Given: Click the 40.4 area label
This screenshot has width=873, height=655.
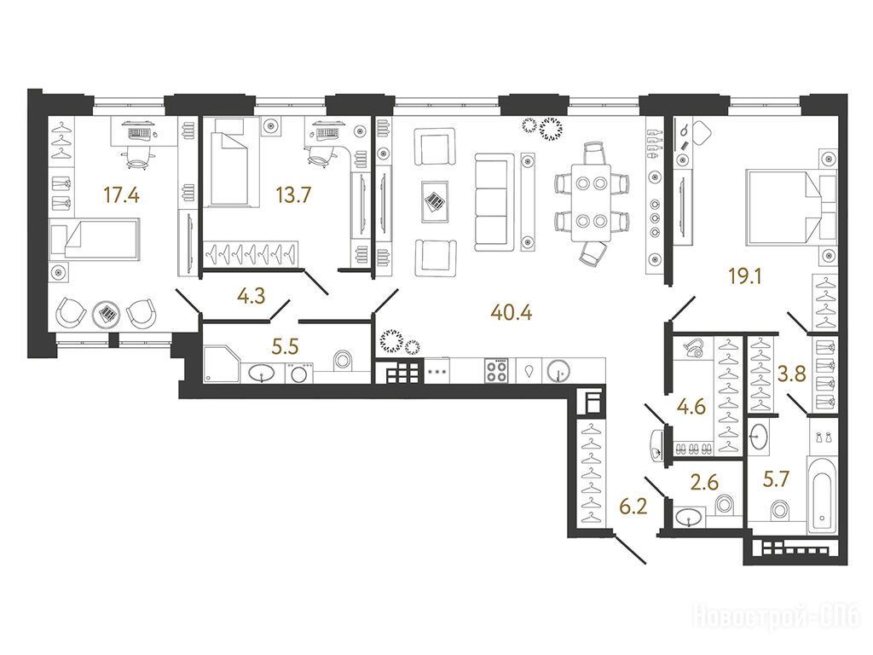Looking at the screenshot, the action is [512, 313].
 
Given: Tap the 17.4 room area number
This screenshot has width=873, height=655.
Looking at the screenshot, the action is [121, 195].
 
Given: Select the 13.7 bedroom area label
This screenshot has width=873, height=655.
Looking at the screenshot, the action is [293, 195].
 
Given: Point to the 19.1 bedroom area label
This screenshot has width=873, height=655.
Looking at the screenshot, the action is [745, 275].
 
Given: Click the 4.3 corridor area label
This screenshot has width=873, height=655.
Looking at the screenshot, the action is [251, 296].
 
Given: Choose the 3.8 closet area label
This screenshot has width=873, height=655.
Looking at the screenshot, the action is [792, 374].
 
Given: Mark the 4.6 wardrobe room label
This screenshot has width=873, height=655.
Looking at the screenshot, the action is [691, 407].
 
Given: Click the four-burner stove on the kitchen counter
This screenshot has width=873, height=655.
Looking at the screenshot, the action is [497, 370].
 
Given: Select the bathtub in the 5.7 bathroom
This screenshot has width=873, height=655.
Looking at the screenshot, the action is [822, 496].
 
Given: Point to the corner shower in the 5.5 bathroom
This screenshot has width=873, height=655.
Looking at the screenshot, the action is [222, 363].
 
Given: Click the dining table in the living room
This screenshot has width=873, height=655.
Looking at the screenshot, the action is [591, 202].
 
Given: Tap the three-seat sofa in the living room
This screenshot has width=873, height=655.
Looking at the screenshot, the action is [494, 202].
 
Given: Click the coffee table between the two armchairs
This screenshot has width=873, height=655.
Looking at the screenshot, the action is [436, 201].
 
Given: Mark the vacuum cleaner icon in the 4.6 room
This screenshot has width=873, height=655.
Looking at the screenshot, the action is [694, 347].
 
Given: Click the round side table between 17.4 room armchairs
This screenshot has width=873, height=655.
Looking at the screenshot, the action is [106, 314].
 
